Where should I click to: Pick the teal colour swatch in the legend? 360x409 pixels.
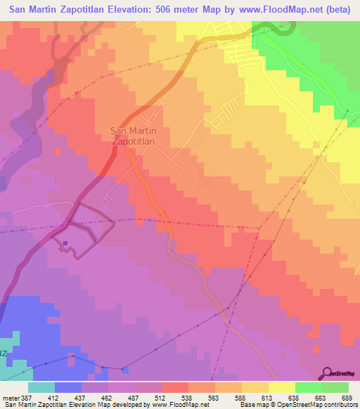tap(41, 387)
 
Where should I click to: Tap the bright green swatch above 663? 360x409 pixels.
tap(308, 387)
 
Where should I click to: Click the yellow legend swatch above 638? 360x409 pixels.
tap(281, 387)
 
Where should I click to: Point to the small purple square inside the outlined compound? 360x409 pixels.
tap(65, 244)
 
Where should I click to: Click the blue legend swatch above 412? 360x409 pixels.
tap(68, 387)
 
